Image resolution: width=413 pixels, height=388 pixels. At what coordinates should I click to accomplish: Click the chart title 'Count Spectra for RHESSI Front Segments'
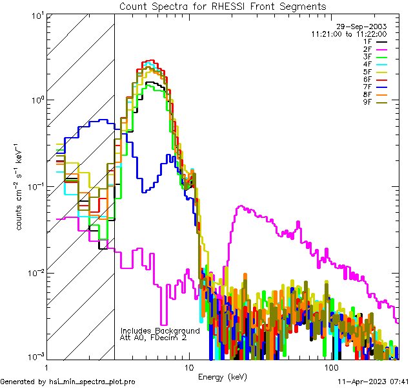(223, 6)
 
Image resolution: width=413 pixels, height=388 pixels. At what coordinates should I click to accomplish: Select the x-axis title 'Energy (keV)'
(223, 376)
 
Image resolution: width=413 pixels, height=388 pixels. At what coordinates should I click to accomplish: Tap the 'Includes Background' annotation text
(160, 330)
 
